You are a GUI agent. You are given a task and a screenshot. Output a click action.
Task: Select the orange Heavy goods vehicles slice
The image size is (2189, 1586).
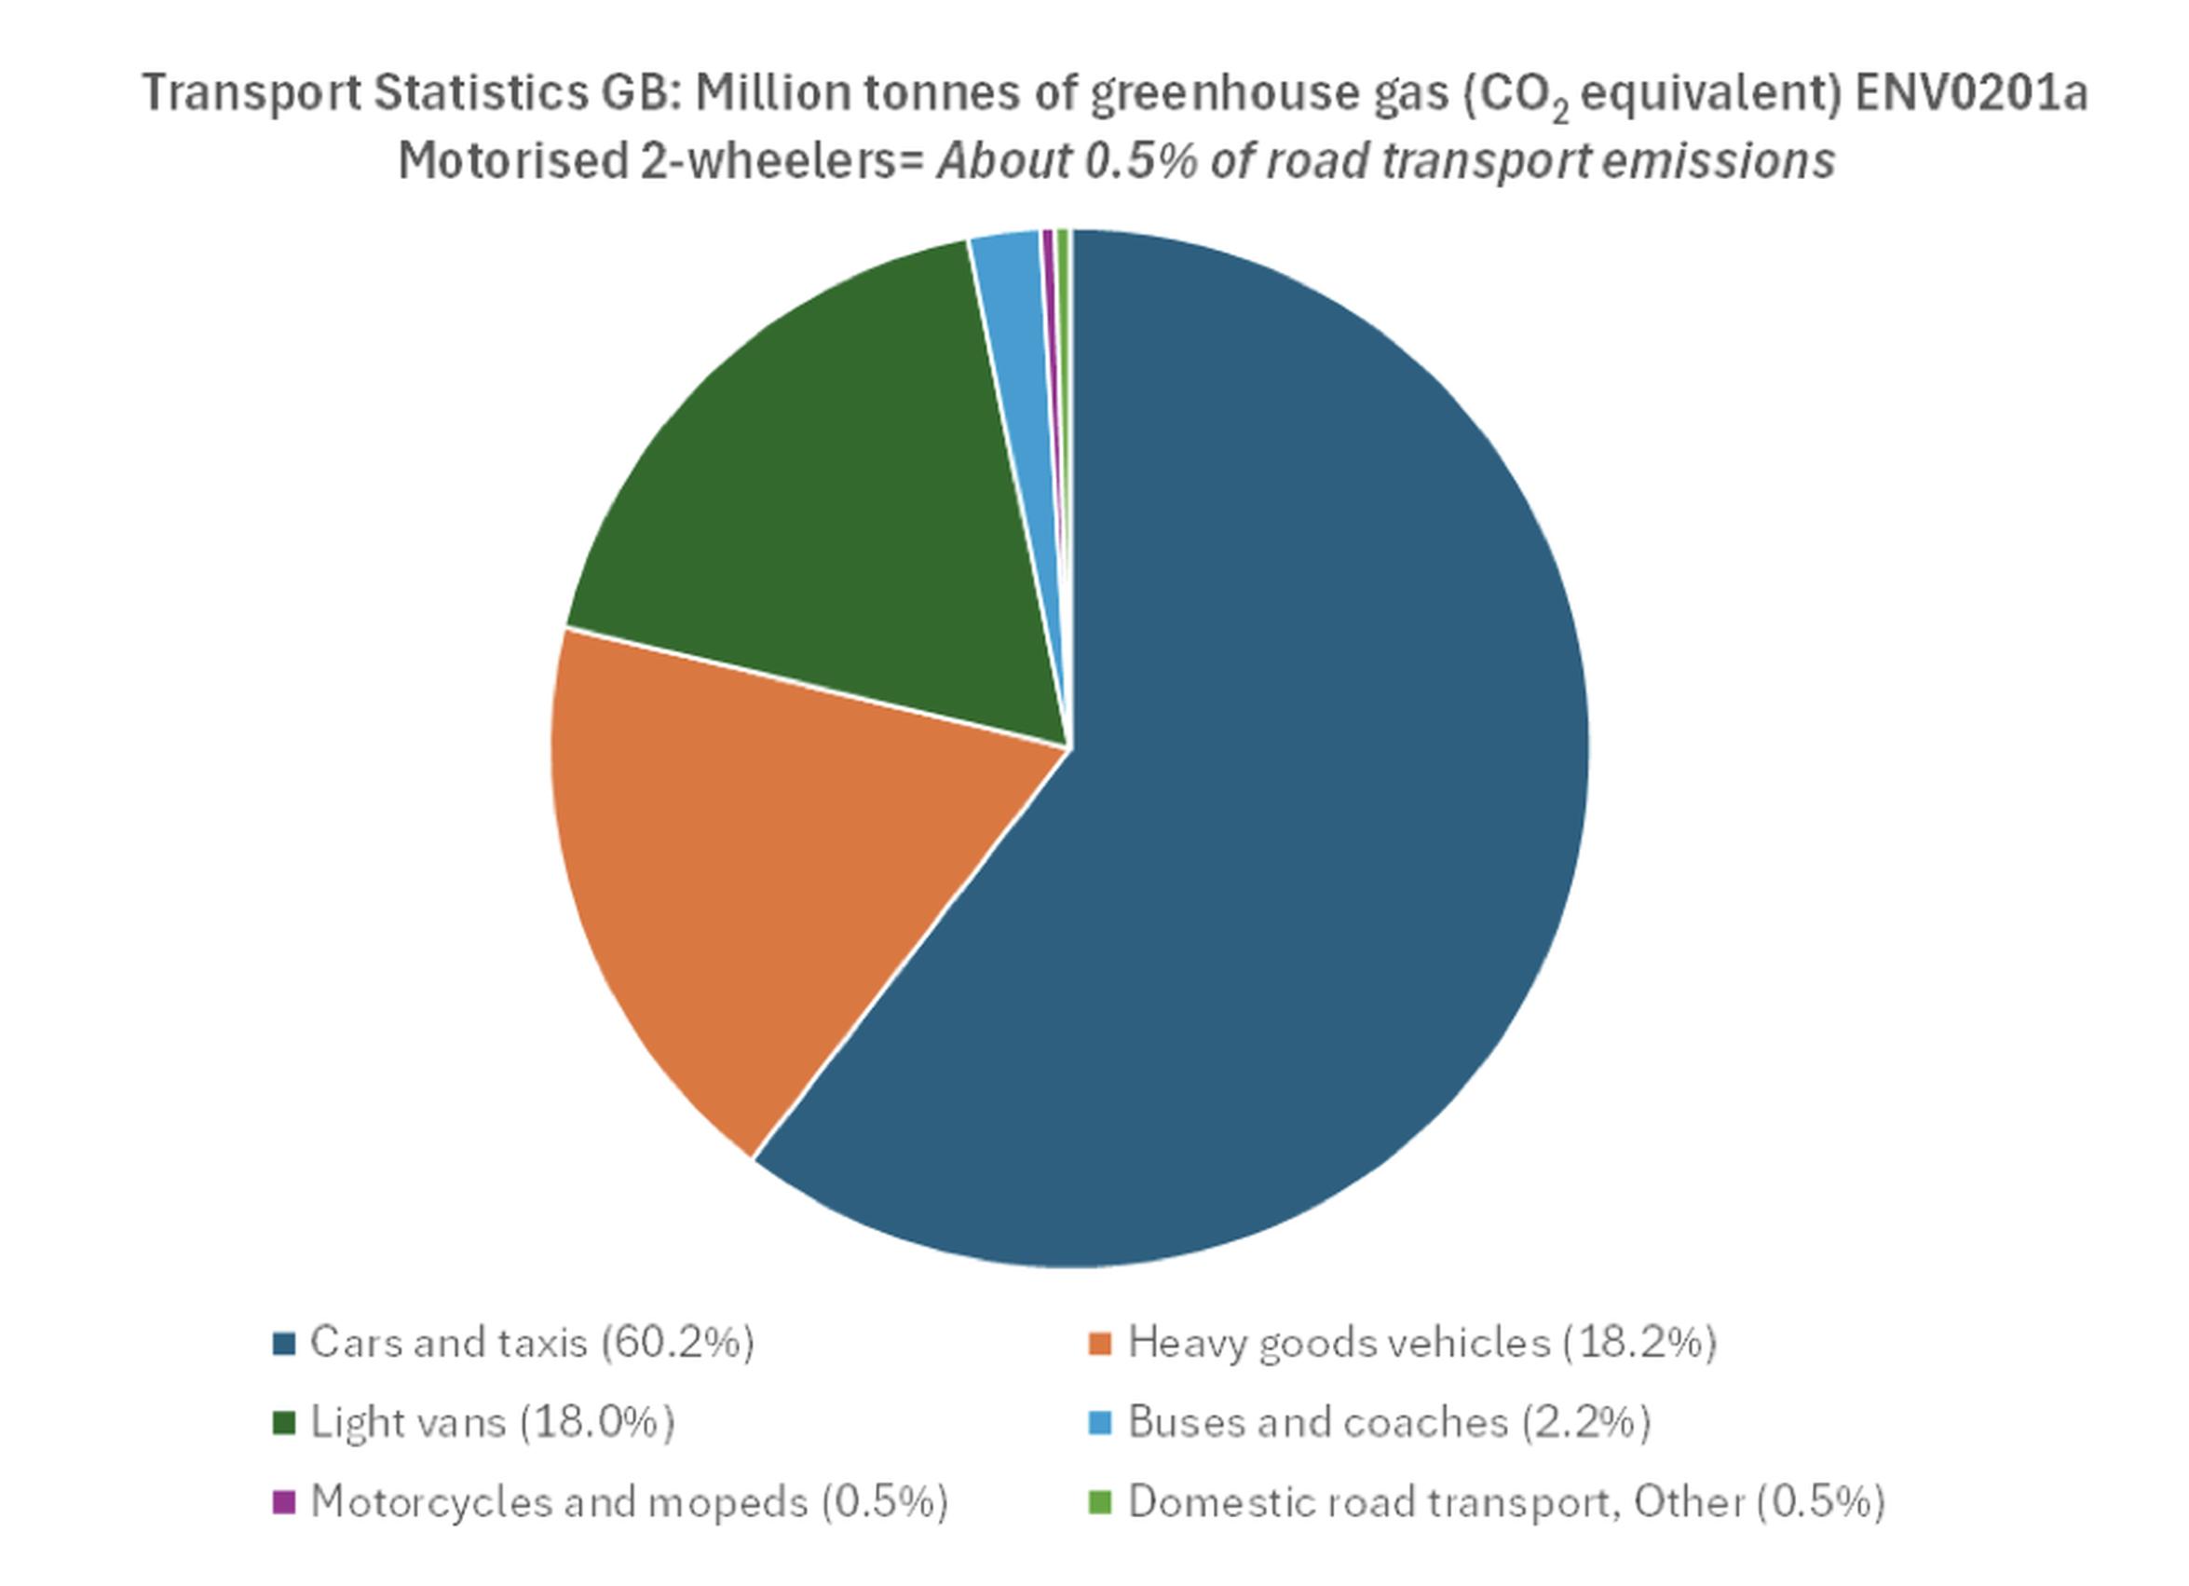[792, 868]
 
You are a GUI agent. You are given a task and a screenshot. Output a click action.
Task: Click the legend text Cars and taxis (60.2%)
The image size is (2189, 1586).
[532, 1343]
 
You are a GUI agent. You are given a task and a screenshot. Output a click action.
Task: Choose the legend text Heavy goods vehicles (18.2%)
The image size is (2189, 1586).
[1421, 1343]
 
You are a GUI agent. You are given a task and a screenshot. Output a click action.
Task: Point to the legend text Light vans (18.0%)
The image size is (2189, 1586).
[492, 1422]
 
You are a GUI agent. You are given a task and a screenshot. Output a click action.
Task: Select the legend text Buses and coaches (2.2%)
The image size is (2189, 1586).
[1389, 1422]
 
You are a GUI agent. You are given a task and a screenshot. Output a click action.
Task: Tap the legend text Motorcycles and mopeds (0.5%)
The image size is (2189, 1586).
[630, 1501]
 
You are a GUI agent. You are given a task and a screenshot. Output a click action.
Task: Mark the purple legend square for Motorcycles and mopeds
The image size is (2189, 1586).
[284, 1502]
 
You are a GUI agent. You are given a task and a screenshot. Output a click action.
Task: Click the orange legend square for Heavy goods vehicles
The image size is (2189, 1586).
[1100, 1344]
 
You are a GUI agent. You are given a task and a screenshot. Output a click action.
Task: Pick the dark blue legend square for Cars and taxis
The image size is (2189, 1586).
[284, 1344]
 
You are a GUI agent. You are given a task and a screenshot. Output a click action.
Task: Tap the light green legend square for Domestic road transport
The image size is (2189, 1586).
[1100, 1502]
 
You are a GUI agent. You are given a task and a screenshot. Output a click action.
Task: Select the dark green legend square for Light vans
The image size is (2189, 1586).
[284, 1423]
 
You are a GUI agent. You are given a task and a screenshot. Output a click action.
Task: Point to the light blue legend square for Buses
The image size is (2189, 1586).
[1100, 1423]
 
